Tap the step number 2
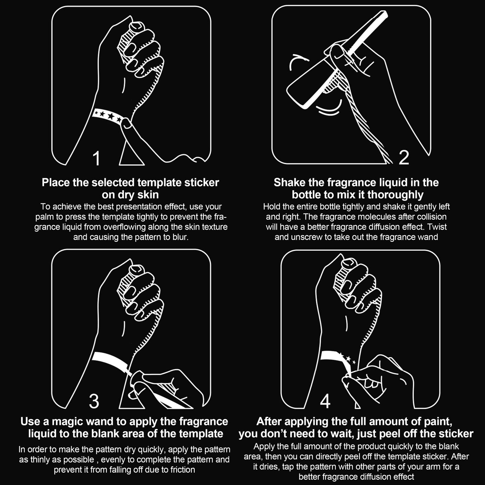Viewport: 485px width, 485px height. tap(404, 157)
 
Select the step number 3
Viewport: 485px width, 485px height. tap(94, 401)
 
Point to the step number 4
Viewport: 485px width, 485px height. tap(325, 401)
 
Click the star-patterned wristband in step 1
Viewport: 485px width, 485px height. tap(108, 116)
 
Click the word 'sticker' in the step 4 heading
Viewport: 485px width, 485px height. tap(456, 434)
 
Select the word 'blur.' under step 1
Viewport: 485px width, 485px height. tap(181, 237)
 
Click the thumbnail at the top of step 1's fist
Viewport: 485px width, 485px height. tap(136, 25)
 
